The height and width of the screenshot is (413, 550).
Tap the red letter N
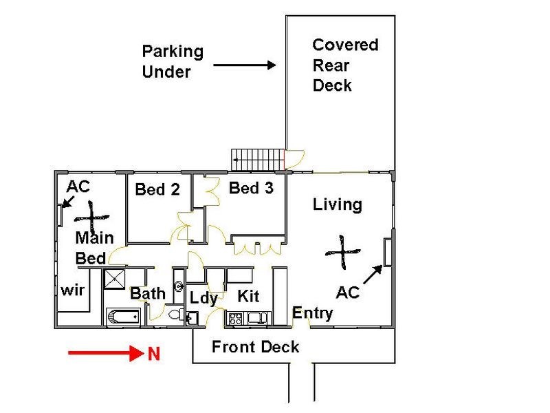[x=153, y=354]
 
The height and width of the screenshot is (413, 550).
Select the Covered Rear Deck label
[x=345, y=65]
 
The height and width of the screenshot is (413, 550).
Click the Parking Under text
[x=173, y=61]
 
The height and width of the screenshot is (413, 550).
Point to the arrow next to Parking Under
[x=245, y=65]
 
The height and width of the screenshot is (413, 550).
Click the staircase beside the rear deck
[x=257, y=160]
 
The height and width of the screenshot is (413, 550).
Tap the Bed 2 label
[x=157, y=189]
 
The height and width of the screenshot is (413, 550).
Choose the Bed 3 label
[x=251, y=188]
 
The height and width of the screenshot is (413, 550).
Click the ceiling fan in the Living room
[x=342, y=252]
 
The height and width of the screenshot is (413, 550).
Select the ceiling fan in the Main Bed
[x=91, y=218]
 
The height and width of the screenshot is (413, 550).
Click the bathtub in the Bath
[x=123, y=317]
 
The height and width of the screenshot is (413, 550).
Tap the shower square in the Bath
[x=114, y=279]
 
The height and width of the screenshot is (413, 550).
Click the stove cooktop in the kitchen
[x=235, y=319]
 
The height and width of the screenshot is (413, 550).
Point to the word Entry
[x=313, y=313]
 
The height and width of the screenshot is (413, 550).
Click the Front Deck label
[x=255, y=347]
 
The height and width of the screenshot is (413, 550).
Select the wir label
[x=73, y=290]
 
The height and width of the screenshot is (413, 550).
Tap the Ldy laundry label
[x=203, y=299]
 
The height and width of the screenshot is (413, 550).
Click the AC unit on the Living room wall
[x=388, y=252]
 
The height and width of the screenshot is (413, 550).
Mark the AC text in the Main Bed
[x=78, y=187]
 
